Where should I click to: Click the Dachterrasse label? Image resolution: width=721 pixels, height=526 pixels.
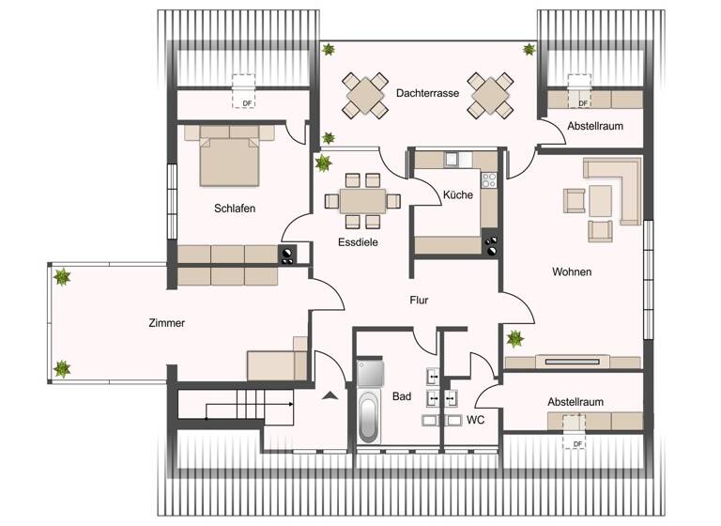[x=426, y=94]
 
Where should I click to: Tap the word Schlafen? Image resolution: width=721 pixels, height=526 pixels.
[x=234, y=209]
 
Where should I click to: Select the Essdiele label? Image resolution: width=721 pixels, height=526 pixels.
[x=358, y=241]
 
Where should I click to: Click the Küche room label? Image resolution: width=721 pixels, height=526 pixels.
[x=458, y=195]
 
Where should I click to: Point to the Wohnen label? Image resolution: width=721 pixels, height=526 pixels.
[x=571, y=272]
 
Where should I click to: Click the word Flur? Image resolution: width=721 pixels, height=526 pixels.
[x=420, y=302]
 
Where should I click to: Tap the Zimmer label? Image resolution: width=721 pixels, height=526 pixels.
[x=166, y=323]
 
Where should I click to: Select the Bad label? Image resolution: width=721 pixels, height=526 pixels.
[x=402, y=397]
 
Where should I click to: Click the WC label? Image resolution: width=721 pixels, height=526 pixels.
[x=475, y=420]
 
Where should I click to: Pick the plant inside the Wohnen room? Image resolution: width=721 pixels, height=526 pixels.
[x=514, y=339]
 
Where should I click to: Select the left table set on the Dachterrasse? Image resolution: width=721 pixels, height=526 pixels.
[x=365, y=96]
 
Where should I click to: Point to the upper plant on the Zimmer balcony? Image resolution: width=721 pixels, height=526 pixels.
[x=63, y=278]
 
